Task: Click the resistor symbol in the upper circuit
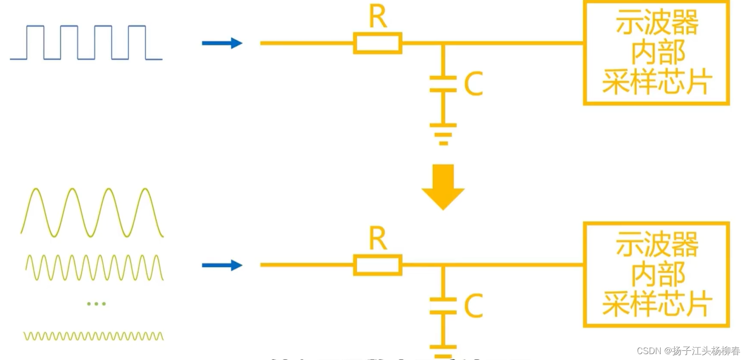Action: point(378,43)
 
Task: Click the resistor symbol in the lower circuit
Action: point(378,265)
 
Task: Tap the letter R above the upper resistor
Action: point(378,18)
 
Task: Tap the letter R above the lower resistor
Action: point(378,240)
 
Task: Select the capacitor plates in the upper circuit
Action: point(443,84)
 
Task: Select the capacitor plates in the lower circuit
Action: point(443,306)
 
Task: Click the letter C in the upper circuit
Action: point(473,84)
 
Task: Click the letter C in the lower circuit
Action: point(473,306)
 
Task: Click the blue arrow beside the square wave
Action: point(222,43)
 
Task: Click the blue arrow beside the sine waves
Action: point(222,265)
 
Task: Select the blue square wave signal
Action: point(86,43)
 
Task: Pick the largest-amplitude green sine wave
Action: point(92,212)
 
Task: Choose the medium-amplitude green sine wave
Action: point(94,267)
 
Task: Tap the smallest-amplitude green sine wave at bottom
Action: point(93,336)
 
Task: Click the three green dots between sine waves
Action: point(96,304)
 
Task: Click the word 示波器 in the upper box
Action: point(656,24)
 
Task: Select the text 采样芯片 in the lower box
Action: point(656,304)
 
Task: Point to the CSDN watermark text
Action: point(688,351)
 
